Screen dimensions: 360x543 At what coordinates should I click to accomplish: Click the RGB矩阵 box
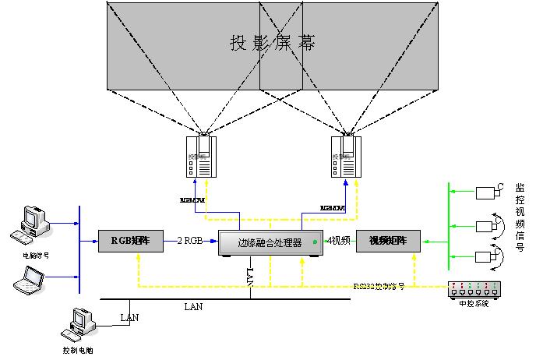click(x=130, y=242)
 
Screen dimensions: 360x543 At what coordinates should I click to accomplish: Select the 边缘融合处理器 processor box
click(x=270, y=242)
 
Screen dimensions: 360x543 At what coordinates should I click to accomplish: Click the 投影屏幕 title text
click(x=273, y=43)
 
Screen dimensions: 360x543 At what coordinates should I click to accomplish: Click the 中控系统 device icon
click(x=473, y=290)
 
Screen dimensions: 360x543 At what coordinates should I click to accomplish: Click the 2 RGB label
click(x=190, y=242)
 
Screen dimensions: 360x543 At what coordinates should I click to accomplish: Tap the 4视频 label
click(x=338, y=241)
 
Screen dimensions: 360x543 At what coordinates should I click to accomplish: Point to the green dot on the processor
click(x=316, y=242)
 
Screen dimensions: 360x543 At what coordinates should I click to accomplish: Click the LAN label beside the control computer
click(x=129, y=317)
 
